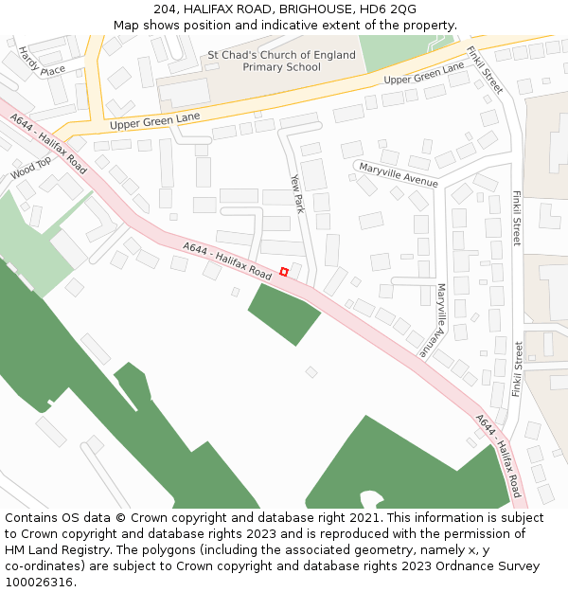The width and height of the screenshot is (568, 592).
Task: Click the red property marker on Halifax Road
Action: [284, 273]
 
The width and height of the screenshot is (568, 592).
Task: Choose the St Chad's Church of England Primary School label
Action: [282, 61]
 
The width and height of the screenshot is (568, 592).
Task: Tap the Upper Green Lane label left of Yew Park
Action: [155, 120]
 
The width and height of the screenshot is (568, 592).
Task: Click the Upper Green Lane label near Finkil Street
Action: [424, 73]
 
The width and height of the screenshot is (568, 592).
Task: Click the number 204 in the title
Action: [165, 9]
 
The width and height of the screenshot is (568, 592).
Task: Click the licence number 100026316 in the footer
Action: [40, 582]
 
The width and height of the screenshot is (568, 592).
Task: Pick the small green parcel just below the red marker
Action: [284, 313]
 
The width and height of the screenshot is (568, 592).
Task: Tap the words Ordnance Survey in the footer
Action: [497, 565]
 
